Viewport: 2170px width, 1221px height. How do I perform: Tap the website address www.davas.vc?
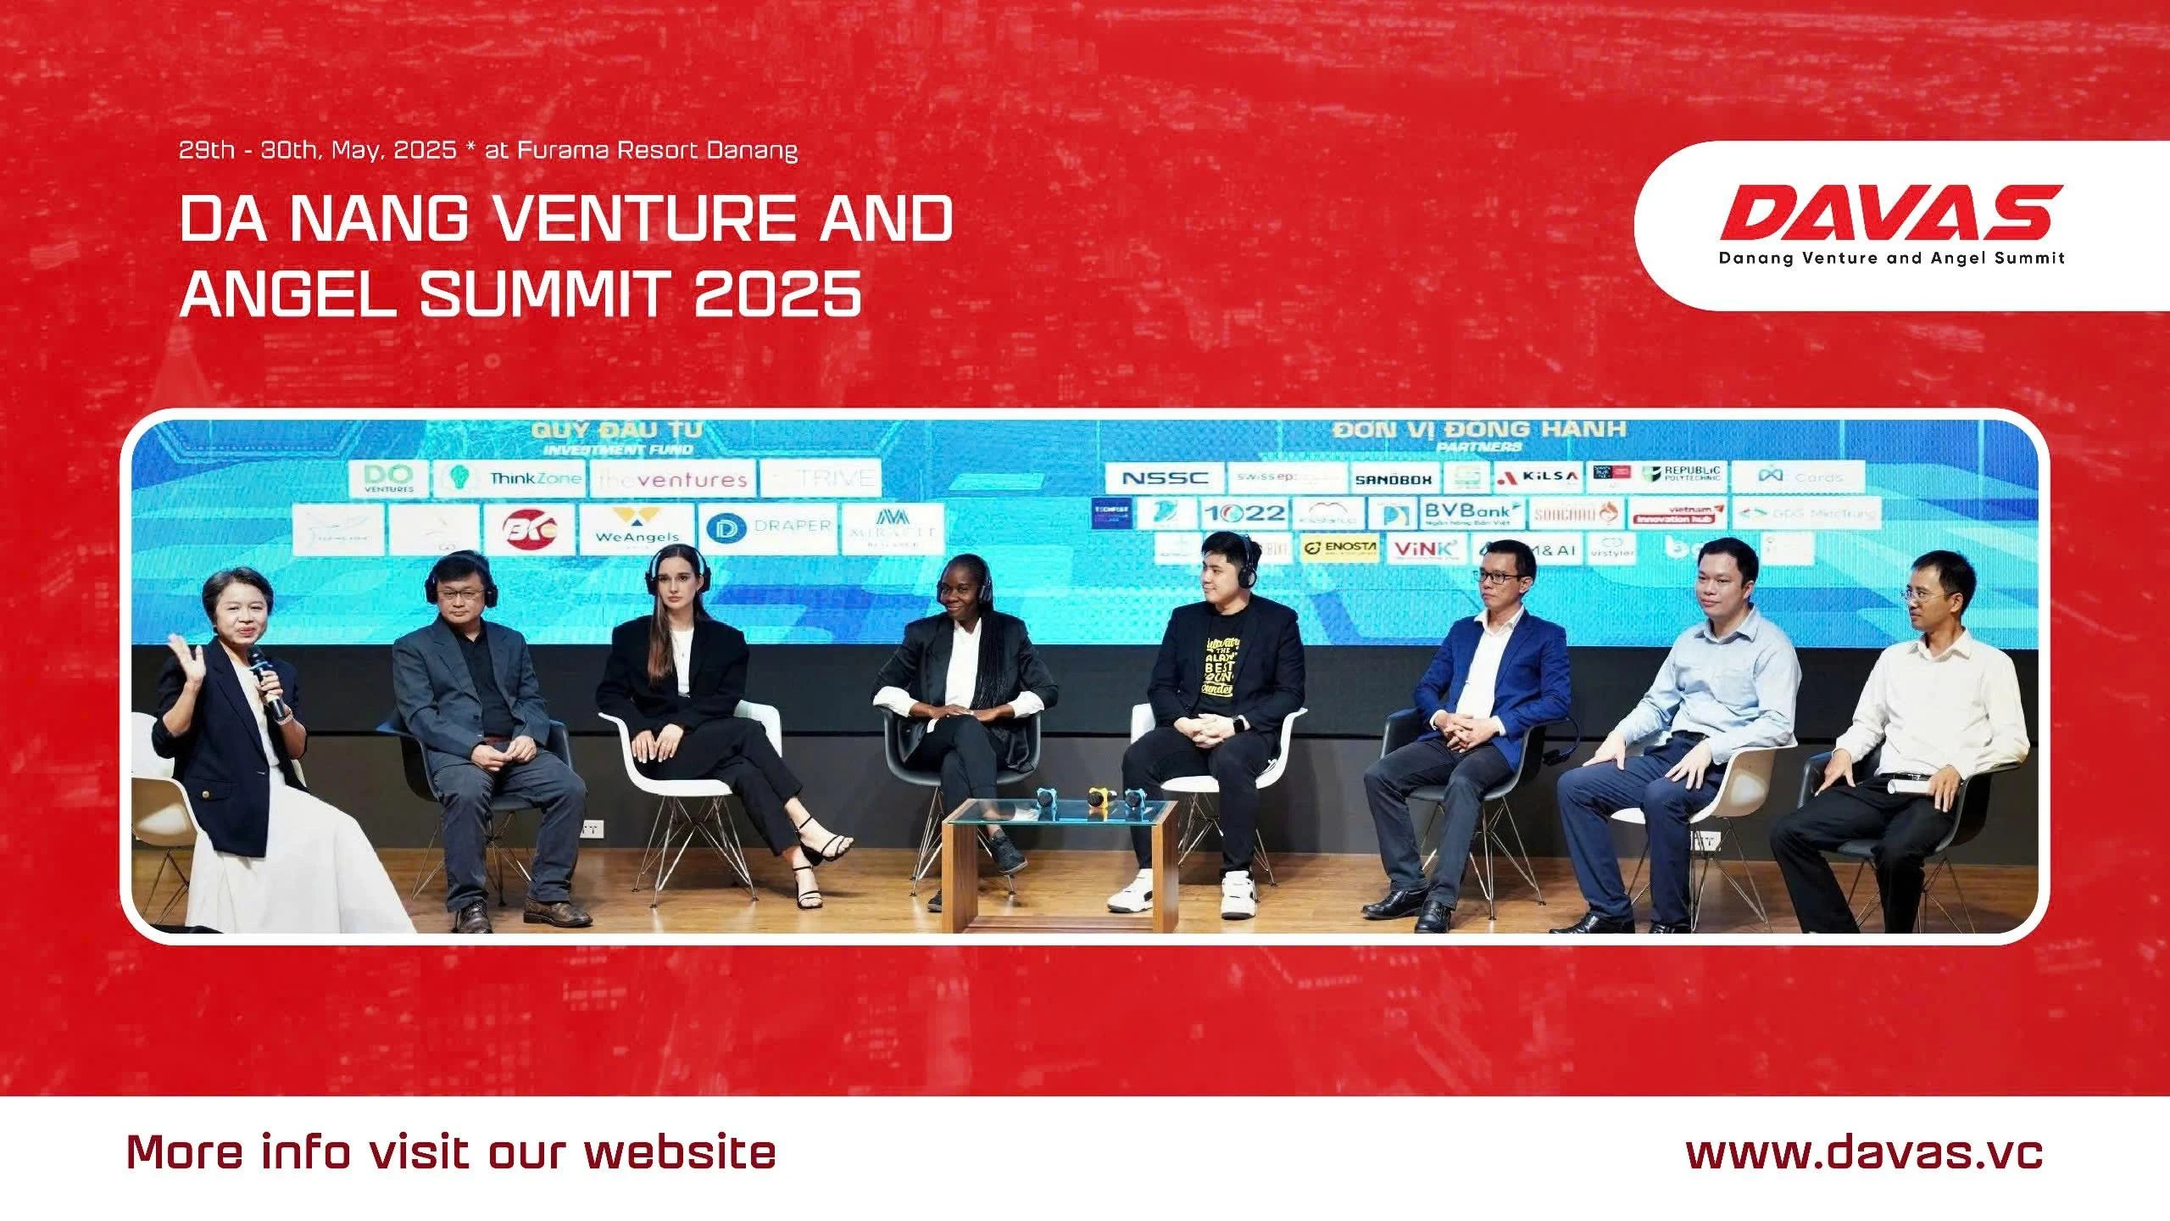1864,1153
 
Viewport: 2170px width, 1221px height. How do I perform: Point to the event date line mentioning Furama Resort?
488,151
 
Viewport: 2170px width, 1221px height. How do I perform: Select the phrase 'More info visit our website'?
451,1153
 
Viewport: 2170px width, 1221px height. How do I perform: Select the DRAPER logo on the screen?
768,527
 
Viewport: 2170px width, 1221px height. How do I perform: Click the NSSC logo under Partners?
1165,478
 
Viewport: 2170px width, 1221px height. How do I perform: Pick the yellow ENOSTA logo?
1339,549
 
